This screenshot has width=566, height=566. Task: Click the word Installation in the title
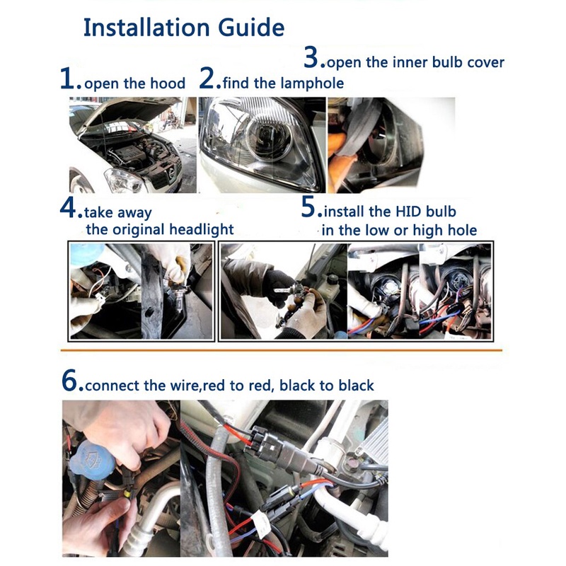pyautogui.click(x=146, y=28)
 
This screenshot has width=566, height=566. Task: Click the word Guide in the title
pyautogui.click(x=251, y=28)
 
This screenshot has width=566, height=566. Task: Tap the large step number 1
pyautogui.click(x=67, y=79)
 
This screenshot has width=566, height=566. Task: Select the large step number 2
pyautogui.click(x=207, y=78)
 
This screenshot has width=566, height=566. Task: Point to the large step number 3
pyautogui.click(x=311, y=57)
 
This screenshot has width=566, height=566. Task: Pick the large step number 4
pyautogui.click(x=68, y=207)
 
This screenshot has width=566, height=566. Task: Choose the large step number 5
pyautogui.click(x=308, y=207)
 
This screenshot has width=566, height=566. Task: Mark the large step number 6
pyautogui.click(x=69, y=381)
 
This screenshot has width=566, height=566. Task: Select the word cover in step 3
pyautogui.click(x=485, y=62)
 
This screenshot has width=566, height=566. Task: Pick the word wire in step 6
pyautogui.click(x=183, y=386)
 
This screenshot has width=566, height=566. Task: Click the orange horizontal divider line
pyautogui.click(x=281, y=350)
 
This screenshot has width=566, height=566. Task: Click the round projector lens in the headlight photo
pyautogui.click(x=270, y=137)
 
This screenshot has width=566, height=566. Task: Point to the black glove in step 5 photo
pyautogui.click(x=279, y=286)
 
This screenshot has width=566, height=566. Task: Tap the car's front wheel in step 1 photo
pyautogui.click(x=79, y=182)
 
